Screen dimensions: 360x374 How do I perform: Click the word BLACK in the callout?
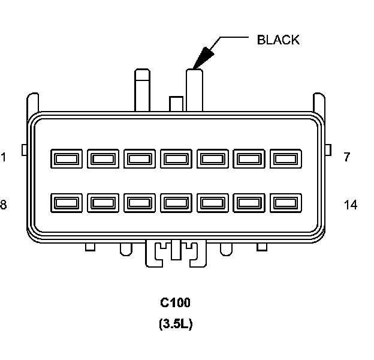click(278, 40)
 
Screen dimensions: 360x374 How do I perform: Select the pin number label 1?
click(4, 158)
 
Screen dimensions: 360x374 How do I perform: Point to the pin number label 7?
click(347, 158)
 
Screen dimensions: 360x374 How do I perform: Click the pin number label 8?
click(4, 205)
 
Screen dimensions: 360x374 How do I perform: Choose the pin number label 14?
click(351, 205)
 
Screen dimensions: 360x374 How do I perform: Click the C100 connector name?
click(176, 302)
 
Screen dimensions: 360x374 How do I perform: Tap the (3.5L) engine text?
click(176, 325)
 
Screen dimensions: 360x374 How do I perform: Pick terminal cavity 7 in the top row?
click(285, 159)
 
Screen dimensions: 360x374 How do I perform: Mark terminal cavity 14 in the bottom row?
click(285, 203)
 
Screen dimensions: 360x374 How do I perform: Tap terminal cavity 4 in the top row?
click(176, 159)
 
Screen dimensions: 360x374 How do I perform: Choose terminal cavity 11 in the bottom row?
click(176, 203)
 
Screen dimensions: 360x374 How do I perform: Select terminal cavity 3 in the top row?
click(139, 159)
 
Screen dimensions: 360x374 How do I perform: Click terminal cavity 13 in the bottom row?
click(249, 203)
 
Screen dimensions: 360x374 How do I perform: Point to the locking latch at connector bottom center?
click(176, 251)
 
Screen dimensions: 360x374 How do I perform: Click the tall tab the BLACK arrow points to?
click(195, 90)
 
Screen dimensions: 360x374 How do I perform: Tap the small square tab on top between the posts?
click(176, 104)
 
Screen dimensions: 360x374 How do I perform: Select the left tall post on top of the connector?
click(142, 90)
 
